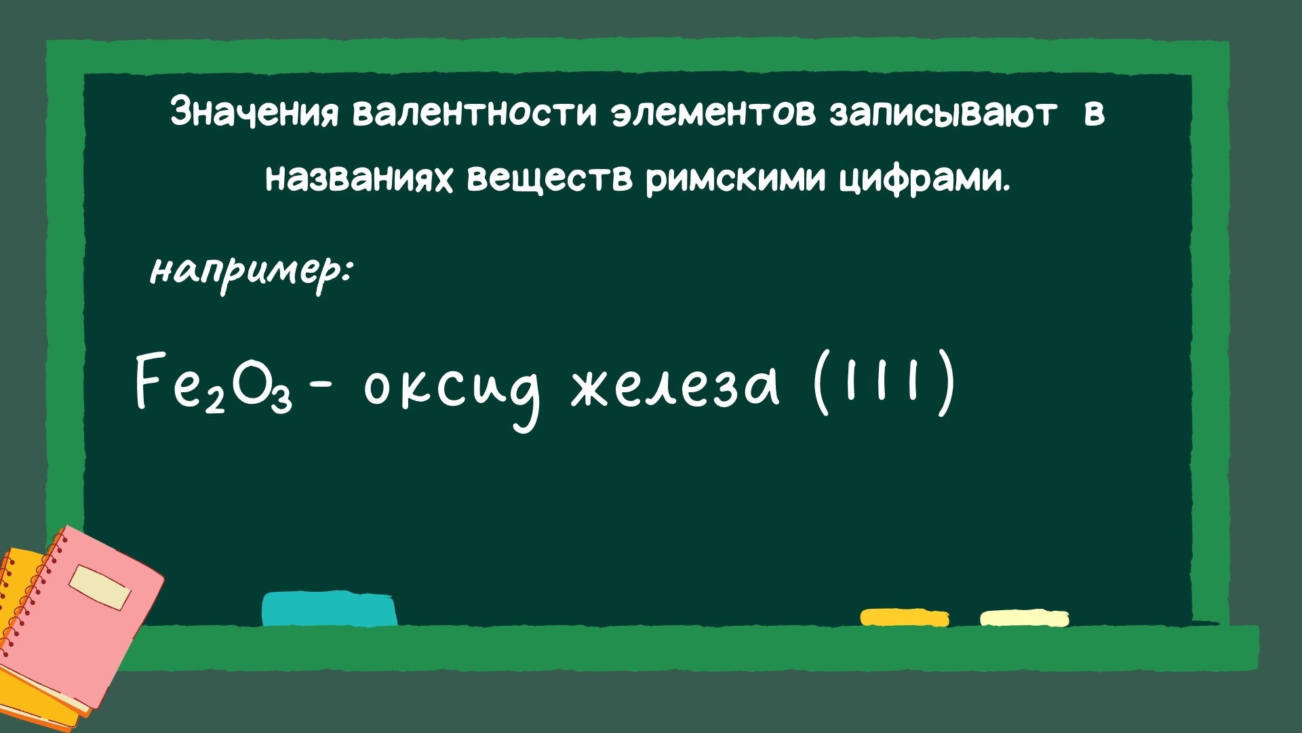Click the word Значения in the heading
(254, 112)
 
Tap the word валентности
(475, 112)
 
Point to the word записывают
(943, 113)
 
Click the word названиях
(359, 178)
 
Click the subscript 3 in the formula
(281, 400)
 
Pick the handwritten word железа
(675, 388)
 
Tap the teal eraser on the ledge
(330, 609)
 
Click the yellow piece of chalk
(905, 618)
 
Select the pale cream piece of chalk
(1024, 618)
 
